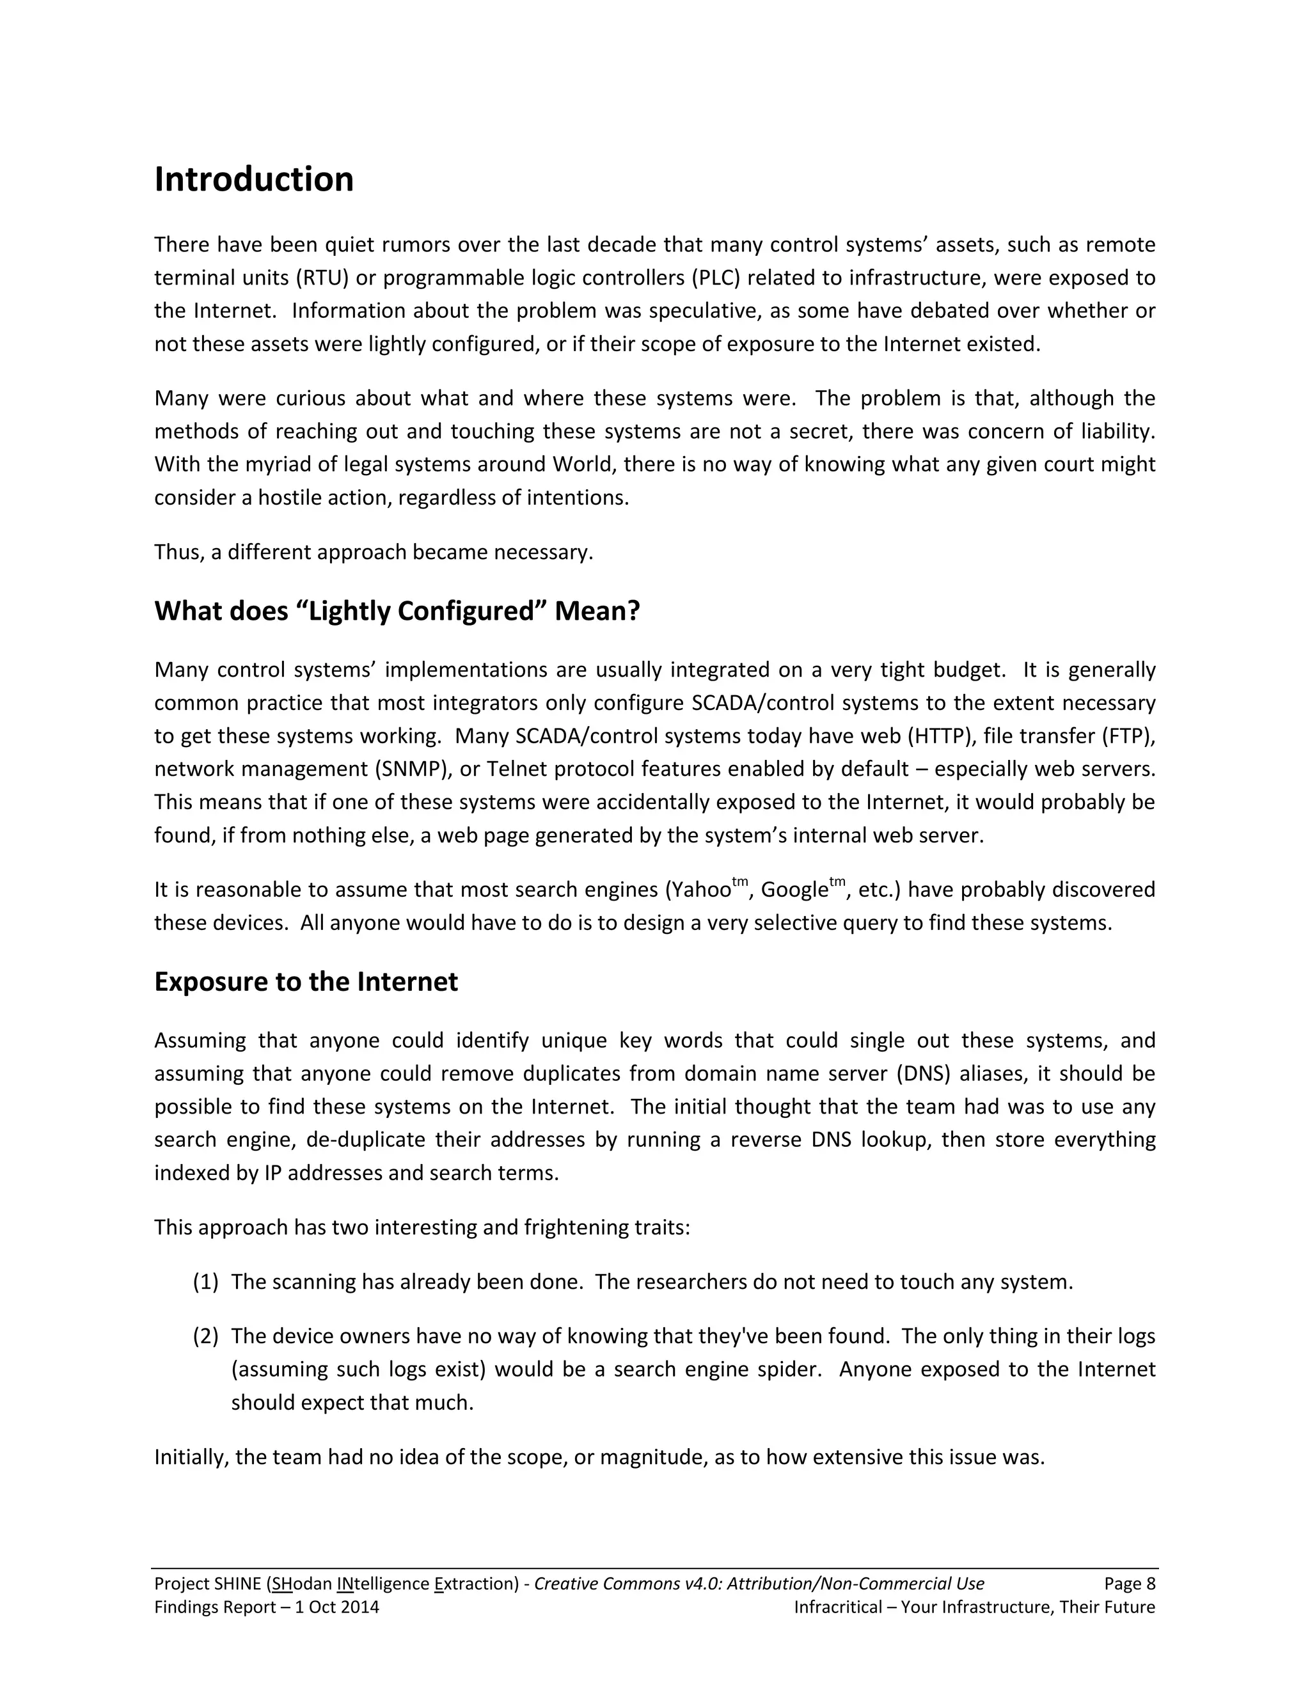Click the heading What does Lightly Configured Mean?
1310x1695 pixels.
coord(397,611)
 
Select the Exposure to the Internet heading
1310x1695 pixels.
coord(306,982)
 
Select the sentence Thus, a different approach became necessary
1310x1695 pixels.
coord(374,552)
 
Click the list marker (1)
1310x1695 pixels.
coord(206,1281)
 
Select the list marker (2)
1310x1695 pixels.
coord(206,1336)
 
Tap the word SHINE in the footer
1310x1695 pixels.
coord(237,1584)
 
